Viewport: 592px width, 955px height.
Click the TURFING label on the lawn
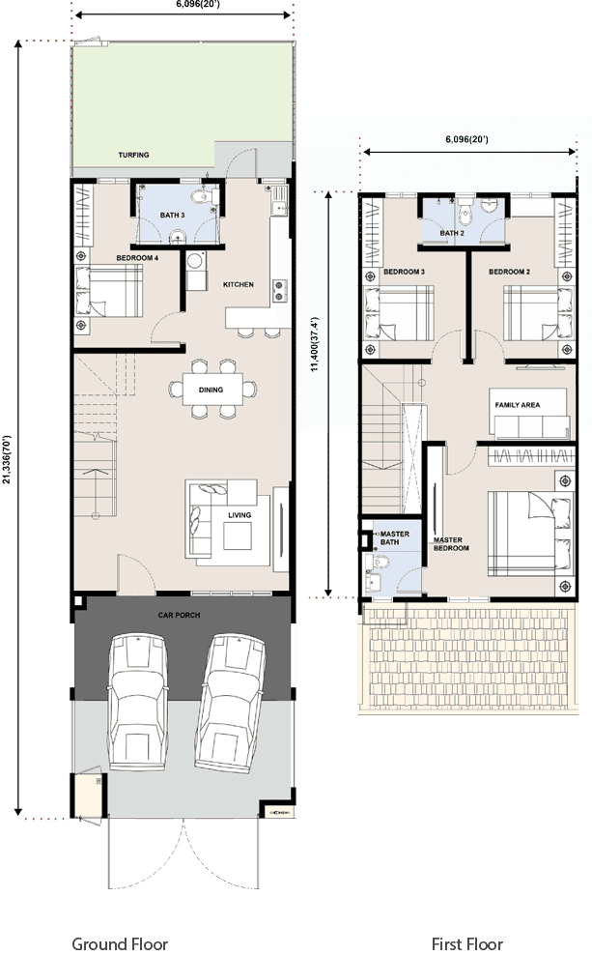(133, 155)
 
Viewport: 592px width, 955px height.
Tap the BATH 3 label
(172, 215)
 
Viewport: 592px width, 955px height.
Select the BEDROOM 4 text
(137, 258)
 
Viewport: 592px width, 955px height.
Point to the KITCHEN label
(238, 284)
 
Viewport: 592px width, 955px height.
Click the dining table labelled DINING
(211, 390)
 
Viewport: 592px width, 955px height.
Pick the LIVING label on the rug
(240, 515)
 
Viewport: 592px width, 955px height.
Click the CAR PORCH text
(179, 615)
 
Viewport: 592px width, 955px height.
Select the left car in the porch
(138, 702)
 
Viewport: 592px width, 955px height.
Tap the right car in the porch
(230, 702)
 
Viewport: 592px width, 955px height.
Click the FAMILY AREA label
(518, 405)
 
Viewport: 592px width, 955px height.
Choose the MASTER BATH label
(394, 537)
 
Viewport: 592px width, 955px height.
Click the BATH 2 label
(452, 233)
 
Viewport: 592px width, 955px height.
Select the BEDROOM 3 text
(404, 272)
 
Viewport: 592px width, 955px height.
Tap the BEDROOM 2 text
(509, 272)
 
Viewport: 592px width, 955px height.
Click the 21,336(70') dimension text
(7, 459)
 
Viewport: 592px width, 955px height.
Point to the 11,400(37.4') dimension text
(315, 344)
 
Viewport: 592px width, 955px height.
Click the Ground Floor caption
(120, 944)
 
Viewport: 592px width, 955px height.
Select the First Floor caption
(466, 944)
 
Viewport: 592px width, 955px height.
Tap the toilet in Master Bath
(379, 561)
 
